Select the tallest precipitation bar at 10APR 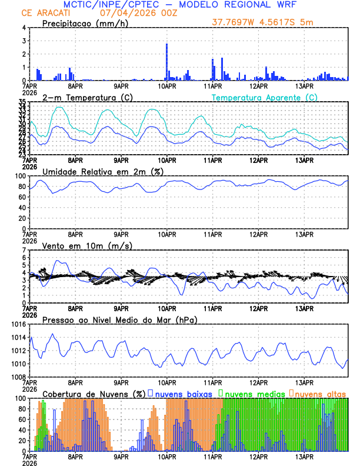[166, 61]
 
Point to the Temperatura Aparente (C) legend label [264, 97]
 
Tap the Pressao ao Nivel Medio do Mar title [119, 319]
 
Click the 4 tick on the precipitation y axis [24, 28]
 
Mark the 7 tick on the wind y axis [24, 251]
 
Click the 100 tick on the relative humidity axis [20, 176]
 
